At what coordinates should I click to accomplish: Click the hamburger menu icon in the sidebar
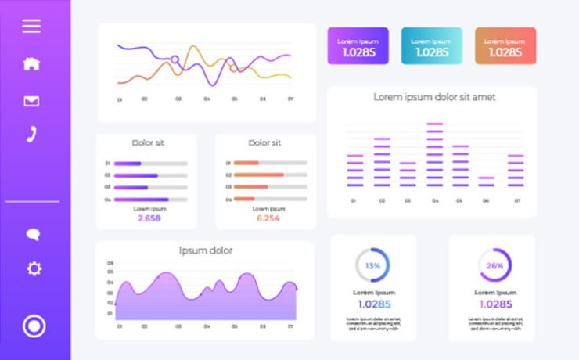point(31,26)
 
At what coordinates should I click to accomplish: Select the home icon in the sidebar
point(31,64)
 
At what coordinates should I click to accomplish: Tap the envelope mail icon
point(31,100)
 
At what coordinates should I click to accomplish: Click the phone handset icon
point(31,134)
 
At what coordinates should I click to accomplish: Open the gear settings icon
point(34,268)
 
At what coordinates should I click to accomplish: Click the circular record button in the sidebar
point(34,326)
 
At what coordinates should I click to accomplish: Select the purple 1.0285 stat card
point(358,46)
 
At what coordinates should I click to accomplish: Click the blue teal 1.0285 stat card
point(431,46)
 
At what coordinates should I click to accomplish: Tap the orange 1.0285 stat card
point(505,46)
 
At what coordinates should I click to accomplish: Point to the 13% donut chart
point(372,265)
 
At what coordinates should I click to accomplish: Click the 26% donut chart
point(494,265)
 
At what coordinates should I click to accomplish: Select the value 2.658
point(149,218)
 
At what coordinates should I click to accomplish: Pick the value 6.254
point(268,218)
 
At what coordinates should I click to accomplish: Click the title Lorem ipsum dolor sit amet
point(434,97)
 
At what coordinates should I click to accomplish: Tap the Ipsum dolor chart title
point(205,250)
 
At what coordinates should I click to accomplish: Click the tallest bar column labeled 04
point(434,154)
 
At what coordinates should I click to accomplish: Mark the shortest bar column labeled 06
point(486,181)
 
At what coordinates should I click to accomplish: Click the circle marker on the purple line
point(175,59)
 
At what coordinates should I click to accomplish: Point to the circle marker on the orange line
point(232,68)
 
